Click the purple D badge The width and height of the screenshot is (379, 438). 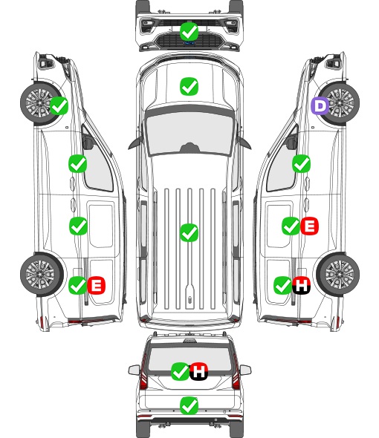[x=320, y=106]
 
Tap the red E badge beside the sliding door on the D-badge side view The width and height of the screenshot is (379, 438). [x=309, y=226]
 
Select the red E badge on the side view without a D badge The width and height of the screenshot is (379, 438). [x=96, y=285]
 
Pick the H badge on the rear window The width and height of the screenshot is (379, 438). [x=199, y=371]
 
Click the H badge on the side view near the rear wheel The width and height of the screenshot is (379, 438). [x=301, y=285]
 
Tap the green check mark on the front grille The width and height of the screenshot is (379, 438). [x=189, y=31]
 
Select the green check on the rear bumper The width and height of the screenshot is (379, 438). [x=189, y=405]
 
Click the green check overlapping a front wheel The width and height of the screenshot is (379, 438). [x=59, y=106]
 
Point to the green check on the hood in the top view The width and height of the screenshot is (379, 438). [x=189, y=86]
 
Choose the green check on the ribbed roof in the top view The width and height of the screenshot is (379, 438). [x=189, y=232]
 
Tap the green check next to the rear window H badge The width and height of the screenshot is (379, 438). [x=180, y=371]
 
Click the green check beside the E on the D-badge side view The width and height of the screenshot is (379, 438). [x=291, y=226]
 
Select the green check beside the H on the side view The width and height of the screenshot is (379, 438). [x=283, y=285]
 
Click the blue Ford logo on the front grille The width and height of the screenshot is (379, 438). [x=189, y=43]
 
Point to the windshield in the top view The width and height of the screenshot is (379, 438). [x=189, y=134]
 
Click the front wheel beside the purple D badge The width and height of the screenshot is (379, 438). [x=339, y=102]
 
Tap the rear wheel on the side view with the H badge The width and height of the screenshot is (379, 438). [x=338, y=275]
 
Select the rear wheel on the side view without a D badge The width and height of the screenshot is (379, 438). [x=42, y=275]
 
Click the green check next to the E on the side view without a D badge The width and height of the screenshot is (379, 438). [x=77, y=285]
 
